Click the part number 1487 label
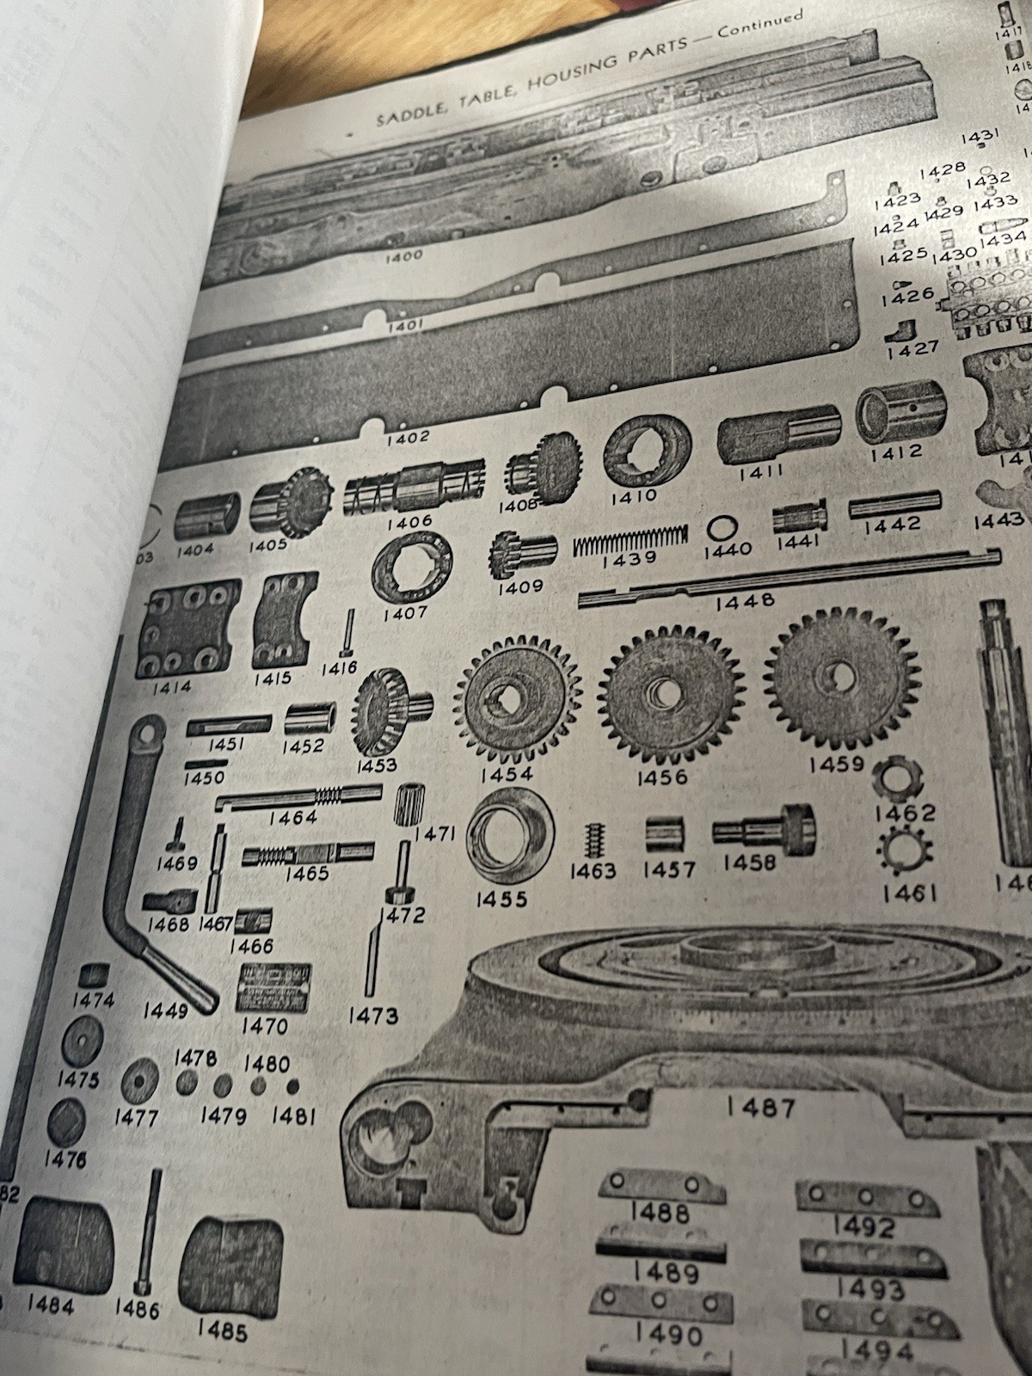click(x=760, y=1109)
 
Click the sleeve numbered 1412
click(x=899, y=413)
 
